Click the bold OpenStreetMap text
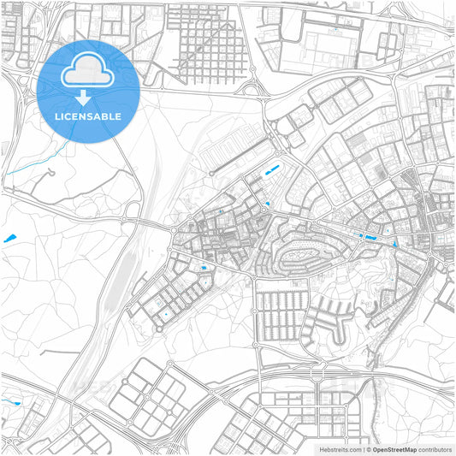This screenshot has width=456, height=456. pos(394,449)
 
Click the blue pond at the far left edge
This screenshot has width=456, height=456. pos(10,237)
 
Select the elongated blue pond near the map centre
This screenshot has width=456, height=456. pos(274,170)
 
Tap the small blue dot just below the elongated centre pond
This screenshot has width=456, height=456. pos(268,204)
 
